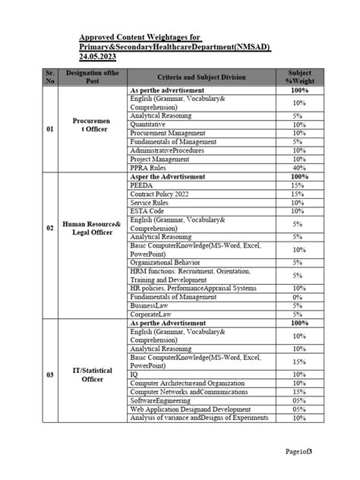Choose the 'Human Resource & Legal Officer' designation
click(x=93, y=244)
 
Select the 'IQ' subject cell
click(x=134, y=374)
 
